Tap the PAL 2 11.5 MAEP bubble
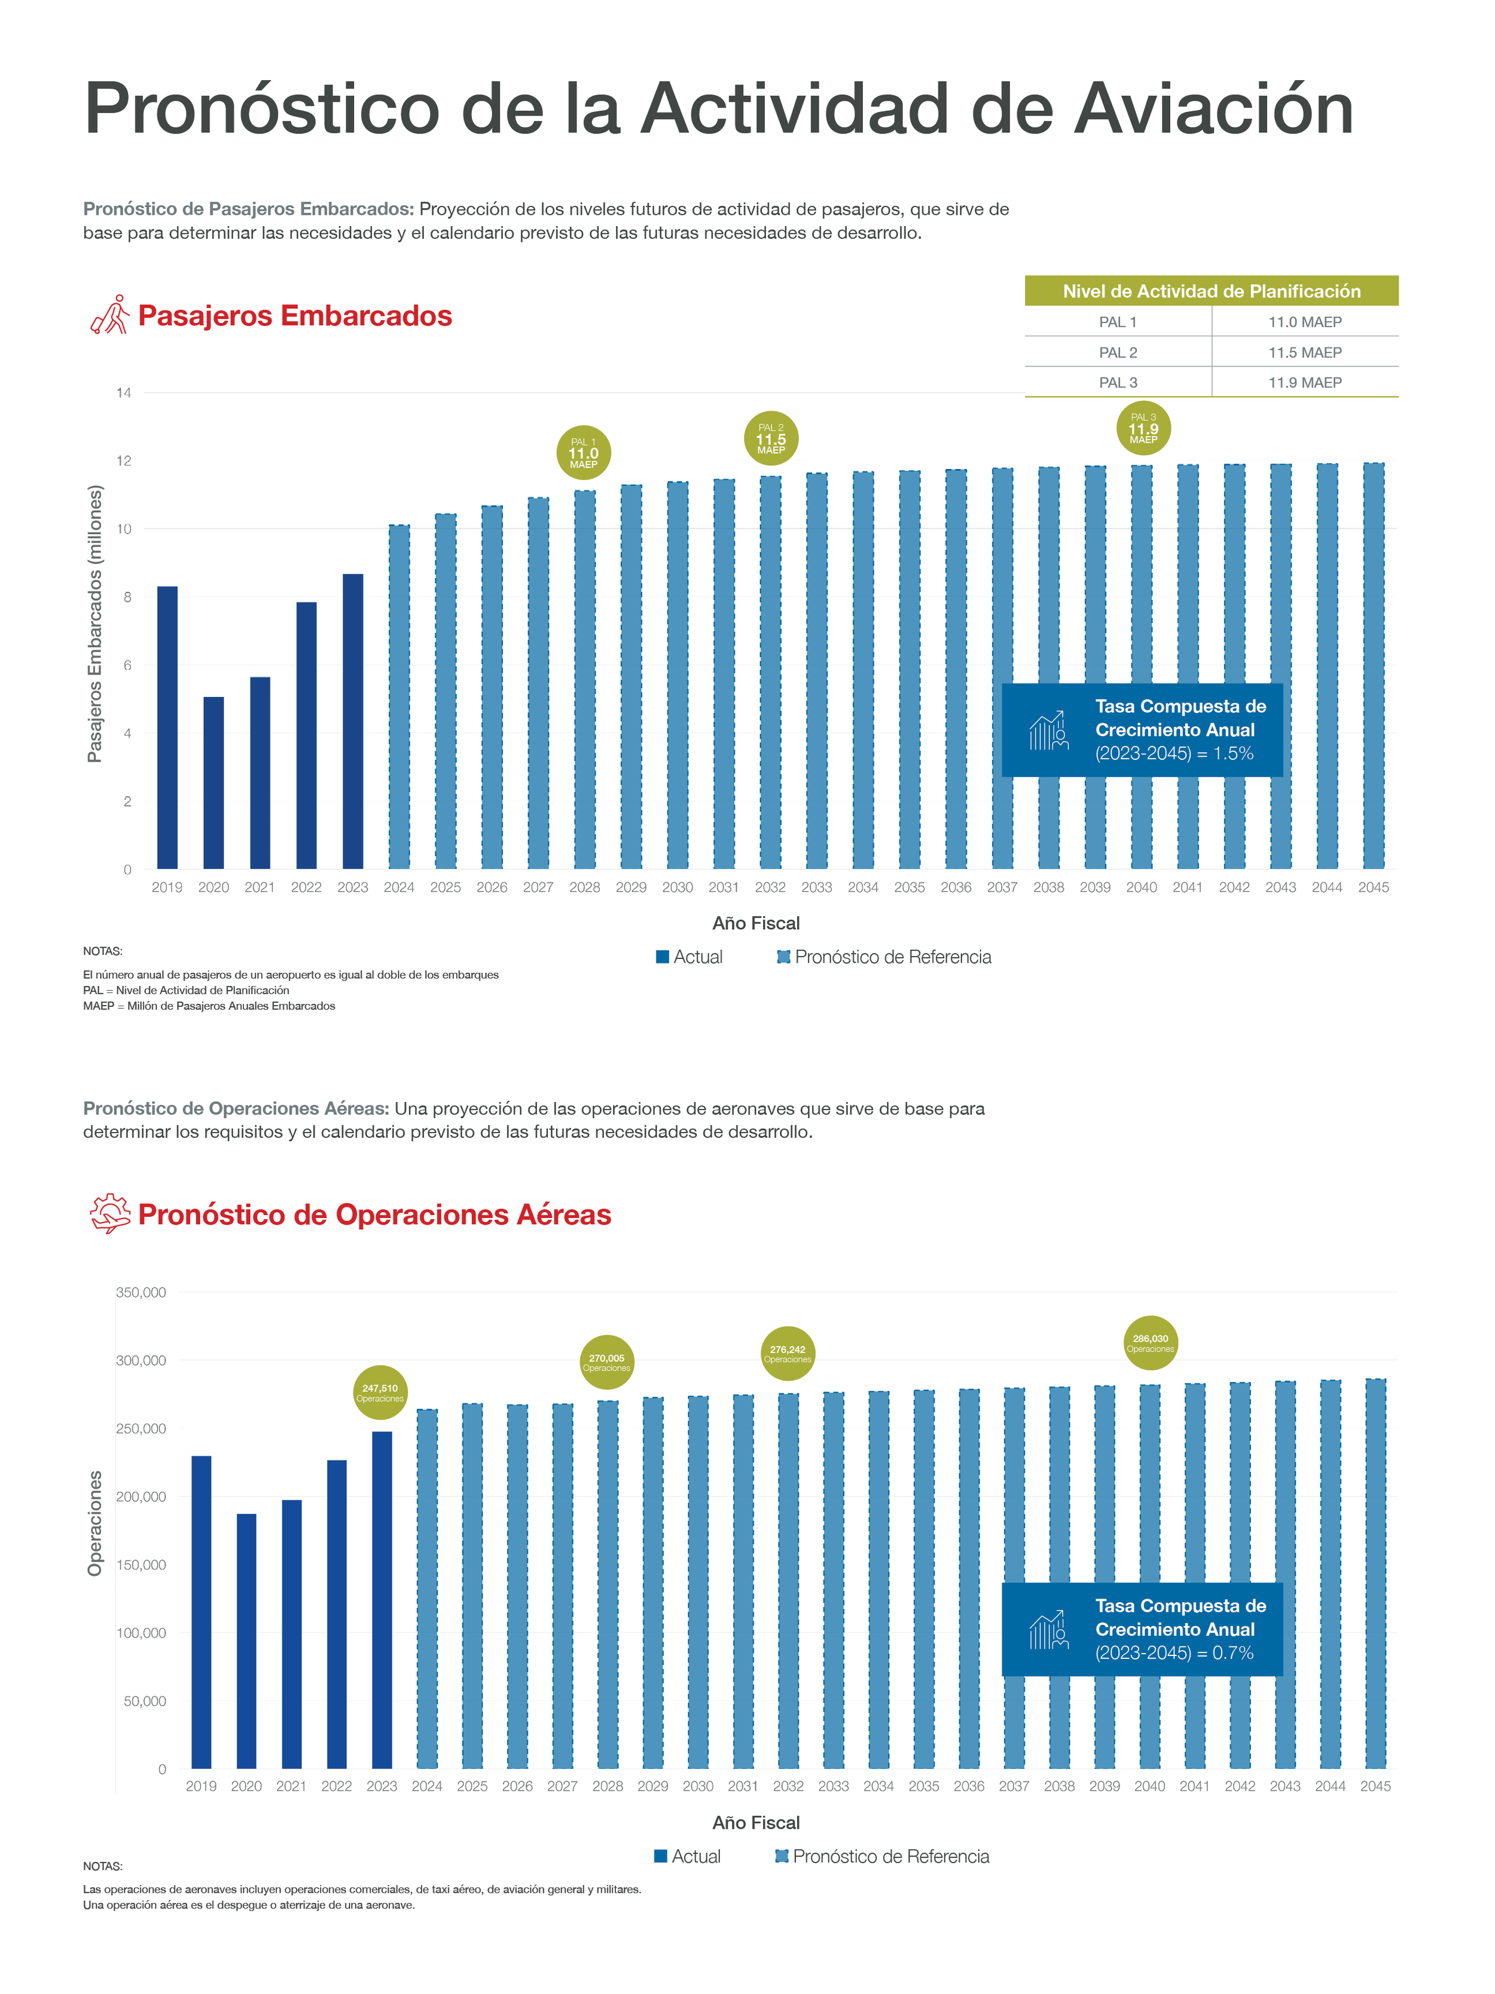pyautogui.click(x=770, y=438)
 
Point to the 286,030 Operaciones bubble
pyautogui.click(x=1150, y=1343)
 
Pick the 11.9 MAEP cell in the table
pyautogui.click(x=1304, y=382)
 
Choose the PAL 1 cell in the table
pyautogui.click(x=1118, y=322)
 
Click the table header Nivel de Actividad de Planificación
pyautogui.click(x=1210, y=291)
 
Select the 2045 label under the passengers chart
pyautogui.click(x=1372, y=887)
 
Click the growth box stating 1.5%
pyautogui.click(x=1142, y=729)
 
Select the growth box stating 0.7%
pyautogui.click(x=1142, y=1629)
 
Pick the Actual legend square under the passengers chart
pyautogui.click(x=663, y=957)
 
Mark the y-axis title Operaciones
pyautogui.click(x=94, y=1523)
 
